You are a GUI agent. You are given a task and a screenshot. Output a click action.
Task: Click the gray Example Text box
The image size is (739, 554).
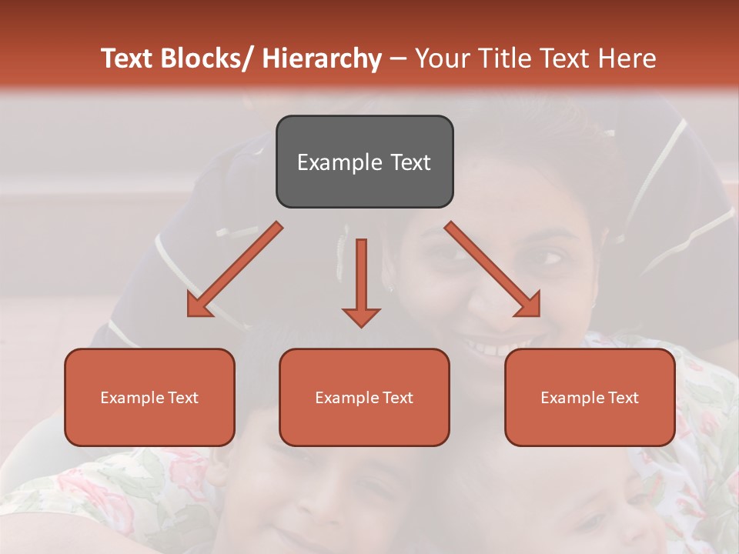coord(364,162)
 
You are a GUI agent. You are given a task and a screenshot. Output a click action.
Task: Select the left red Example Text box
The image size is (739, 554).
coord(149,397)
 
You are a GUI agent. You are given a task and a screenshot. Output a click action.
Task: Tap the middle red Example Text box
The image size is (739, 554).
coord(364,397)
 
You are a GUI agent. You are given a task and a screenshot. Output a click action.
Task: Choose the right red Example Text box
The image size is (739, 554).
coord(590,397)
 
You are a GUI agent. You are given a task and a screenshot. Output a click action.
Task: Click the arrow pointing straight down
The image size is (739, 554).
coord(361,282)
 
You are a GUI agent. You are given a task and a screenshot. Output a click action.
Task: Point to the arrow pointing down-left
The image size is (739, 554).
coord(235,269)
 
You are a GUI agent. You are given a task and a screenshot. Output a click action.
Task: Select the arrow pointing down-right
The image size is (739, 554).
coord(493,269)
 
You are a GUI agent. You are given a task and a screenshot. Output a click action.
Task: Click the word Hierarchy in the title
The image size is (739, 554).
coord(322,58)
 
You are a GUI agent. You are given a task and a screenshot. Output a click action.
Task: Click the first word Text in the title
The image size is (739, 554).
coord(128,58)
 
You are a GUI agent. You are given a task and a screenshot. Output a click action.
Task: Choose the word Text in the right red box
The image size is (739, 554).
coord(623,398)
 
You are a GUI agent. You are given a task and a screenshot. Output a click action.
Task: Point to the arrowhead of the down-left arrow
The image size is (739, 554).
coord(199,305)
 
